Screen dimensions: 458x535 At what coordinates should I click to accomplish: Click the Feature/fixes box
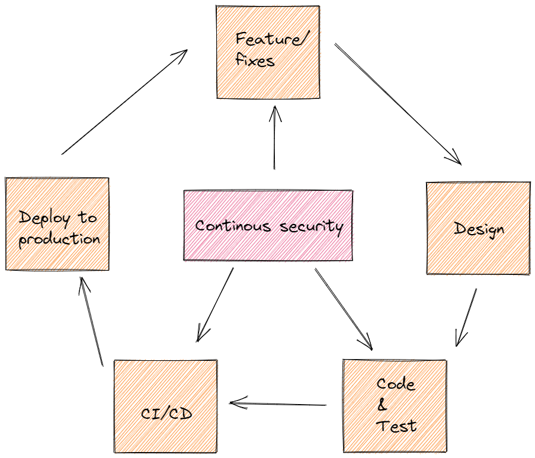coord(268,52)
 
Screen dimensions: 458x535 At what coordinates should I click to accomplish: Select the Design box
coord(478,228)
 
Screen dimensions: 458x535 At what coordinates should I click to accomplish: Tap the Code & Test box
coord(395,406)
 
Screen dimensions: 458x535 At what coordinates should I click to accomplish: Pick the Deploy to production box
coord(57,224)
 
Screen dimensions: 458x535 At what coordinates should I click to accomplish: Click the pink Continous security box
coord(268,226)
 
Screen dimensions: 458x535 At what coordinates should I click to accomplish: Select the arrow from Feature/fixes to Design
coord(397,103)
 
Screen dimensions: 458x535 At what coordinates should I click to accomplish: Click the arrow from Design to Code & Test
coord(466,317)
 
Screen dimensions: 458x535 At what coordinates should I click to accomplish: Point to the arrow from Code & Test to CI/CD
coord(278,405)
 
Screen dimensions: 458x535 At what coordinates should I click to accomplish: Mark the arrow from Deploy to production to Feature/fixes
coord(124,102)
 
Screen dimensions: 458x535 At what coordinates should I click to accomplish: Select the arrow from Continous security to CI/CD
coord(215,305)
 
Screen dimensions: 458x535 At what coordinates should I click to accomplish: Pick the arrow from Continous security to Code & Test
coord(343,309)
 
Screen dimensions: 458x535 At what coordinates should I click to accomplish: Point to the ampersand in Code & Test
coord(382,405)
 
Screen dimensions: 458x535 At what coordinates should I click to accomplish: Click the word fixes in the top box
coord(255,60)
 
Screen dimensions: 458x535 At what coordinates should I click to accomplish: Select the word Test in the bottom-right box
coord(396,425)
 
